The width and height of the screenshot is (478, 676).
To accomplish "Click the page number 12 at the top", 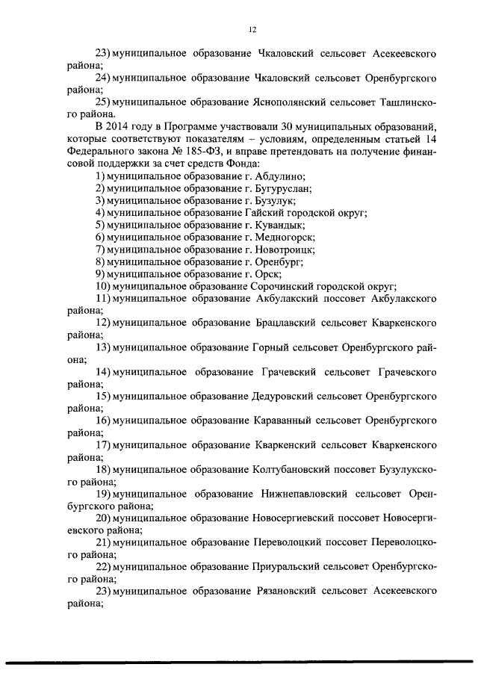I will [x=252, y=29].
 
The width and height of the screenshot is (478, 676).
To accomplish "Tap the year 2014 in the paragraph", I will [x=122, y=128].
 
